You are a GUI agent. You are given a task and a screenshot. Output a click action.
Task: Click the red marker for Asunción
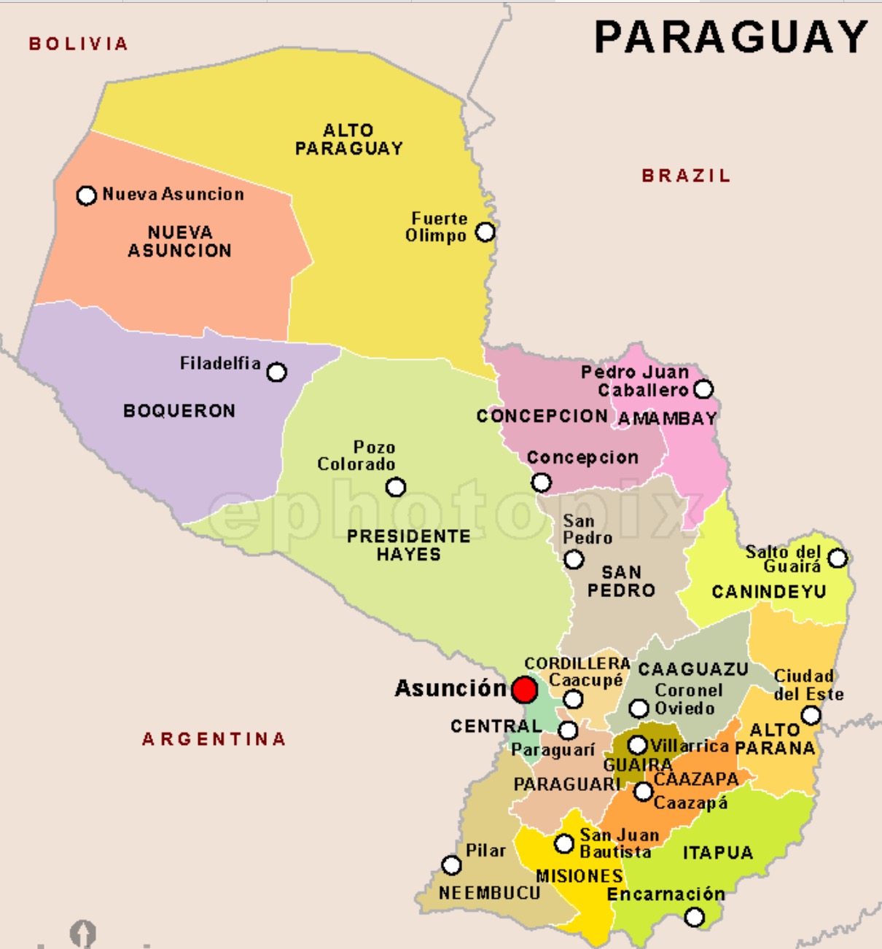524,690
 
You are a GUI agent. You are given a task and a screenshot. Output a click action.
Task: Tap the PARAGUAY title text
730,37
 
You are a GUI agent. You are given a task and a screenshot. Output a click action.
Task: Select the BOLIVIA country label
79,44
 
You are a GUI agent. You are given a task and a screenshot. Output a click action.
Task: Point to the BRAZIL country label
686,176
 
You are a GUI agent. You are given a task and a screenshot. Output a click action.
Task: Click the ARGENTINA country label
214,739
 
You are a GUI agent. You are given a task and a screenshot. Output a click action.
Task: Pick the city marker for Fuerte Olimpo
485,233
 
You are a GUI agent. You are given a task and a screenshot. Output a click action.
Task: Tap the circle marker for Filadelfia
276,372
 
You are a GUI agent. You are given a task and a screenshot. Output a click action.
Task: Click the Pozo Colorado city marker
396,487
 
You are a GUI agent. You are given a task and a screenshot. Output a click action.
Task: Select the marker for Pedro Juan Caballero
703,389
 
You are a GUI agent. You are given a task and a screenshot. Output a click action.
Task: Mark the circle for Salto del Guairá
838,558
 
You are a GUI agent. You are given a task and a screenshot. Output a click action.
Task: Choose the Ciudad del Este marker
811,716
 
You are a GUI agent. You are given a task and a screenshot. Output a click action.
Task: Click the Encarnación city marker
695,917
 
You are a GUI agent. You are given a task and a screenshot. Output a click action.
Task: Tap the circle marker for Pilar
452,865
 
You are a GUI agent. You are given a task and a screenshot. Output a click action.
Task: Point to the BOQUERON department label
179,411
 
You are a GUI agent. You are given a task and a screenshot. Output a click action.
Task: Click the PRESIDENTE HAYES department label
408,545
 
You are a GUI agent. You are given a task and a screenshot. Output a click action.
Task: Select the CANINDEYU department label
769,592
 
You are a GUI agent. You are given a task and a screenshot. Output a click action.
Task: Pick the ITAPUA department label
718,853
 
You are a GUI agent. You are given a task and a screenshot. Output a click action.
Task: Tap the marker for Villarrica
638,745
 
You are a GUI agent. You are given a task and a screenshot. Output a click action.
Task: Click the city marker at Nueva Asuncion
87,195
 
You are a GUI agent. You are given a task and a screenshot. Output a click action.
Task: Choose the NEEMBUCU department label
490,893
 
